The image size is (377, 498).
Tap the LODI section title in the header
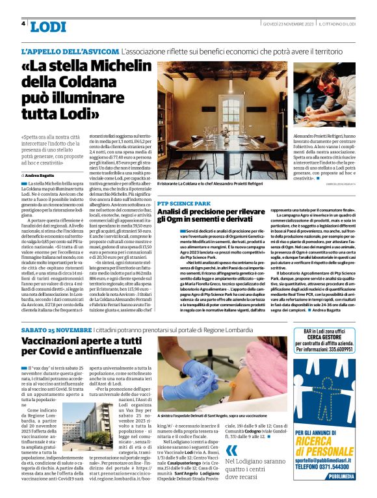pyautogui.click(x=48, y=26)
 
